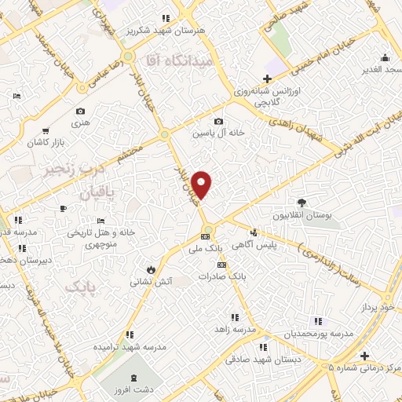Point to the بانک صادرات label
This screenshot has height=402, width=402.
pyautogui.click(x=241, y=276)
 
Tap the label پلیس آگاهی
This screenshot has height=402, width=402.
pyautogui.click(x=280, y=247)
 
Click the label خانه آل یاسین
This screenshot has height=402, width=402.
pyautogui.click(x=221, y=133)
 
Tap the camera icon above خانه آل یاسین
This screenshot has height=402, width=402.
pyautogui.click(x=218, y=121)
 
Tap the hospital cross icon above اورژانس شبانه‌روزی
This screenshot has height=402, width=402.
pyautogui.click(x=267, y=79)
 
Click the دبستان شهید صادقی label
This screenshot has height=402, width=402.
pyautogui.click(x=255, y=359)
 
